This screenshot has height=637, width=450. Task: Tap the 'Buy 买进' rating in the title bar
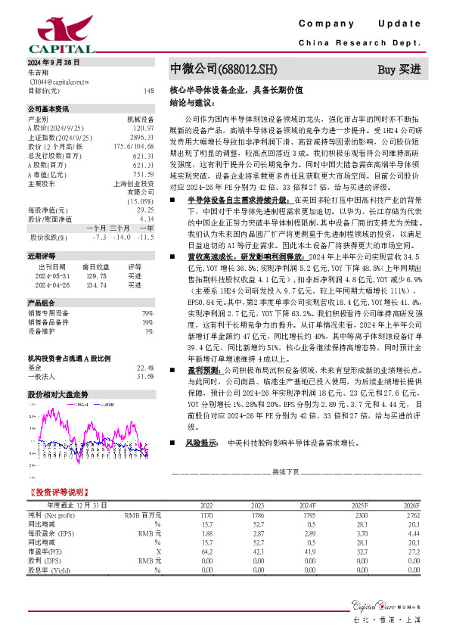pyautogui.click(x=399, y=70)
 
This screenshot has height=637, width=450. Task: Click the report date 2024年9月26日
pyautogui.click(x=54, y=61)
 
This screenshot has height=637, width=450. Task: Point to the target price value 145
pyautogui.click(x=148, y=91)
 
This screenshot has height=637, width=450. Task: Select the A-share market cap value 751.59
pyautogui.click(x=143, y=174)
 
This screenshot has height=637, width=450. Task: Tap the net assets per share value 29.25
pyautogui.click(x=145, y=210)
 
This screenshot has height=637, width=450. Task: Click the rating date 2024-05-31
pyautogui.click(x=51, y=256)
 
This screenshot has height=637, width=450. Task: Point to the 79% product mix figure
pyautogui.click(x=148, y=291)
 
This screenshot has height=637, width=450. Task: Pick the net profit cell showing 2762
pyautogui.click(x=408, y=514)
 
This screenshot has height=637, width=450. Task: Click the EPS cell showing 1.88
pyautogui.click(x=206, y=533)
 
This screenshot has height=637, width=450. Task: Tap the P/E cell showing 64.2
pyautogui.click(x=206, y=551)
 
